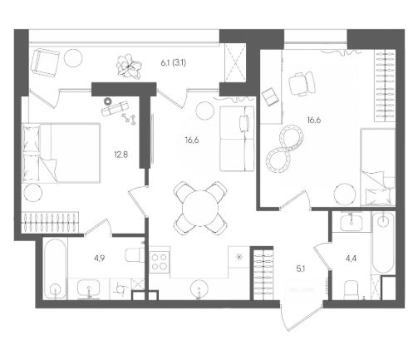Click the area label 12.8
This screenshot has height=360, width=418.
coord(121,155)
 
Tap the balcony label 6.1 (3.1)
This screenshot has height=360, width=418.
coord(174,63)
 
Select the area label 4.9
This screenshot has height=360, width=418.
coord(100,259)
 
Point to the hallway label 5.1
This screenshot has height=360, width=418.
coord(301,269)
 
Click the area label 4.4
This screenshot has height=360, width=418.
coord(351,259)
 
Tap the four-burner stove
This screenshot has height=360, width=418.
coord(160,262)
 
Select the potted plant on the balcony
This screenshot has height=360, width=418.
coord(129,67)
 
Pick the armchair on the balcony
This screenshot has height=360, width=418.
coord(45,63)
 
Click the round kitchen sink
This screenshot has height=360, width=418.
coord(199,289)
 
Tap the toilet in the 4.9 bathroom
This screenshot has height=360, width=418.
coord(135,255)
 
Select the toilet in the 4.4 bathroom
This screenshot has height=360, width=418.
coord(352,290)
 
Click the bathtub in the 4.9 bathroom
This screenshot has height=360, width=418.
coord(55,269)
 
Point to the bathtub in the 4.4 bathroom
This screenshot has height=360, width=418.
coord(383,244)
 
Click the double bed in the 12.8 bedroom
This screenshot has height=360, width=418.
coord(61,153)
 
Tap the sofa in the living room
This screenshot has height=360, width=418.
coord(237,139)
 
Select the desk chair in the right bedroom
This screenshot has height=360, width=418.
coord(301,83)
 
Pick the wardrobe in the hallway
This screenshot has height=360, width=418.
coord(263,274)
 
